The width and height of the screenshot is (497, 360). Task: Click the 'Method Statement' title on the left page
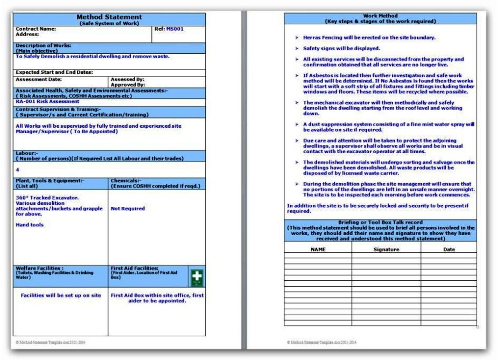click(x=109, y=17)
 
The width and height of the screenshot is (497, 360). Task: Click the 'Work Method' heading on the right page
click(x=381, y=16)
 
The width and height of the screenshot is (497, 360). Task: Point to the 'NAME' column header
click(x=319, y=250)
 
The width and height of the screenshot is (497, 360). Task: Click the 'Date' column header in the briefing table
click(x=449, y=250)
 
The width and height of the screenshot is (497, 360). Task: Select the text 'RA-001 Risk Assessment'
click(x=47, y=101)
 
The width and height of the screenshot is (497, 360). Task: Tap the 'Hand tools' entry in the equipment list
click(x=30, y=225)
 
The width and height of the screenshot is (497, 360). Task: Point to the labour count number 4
click(x=18, y=170)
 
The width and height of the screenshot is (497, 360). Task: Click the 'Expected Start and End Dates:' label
click(x=54, y=72)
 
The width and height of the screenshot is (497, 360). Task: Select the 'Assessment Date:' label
click(x=37, y=79)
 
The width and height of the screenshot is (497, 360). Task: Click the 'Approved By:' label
click(x=127, y=85)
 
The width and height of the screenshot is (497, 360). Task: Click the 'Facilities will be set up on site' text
click(x=61, y=295)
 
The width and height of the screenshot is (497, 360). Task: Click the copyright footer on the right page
click(x=321, y=342)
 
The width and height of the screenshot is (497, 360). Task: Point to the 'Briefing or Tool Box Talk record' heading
click(x=381, y=222)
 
